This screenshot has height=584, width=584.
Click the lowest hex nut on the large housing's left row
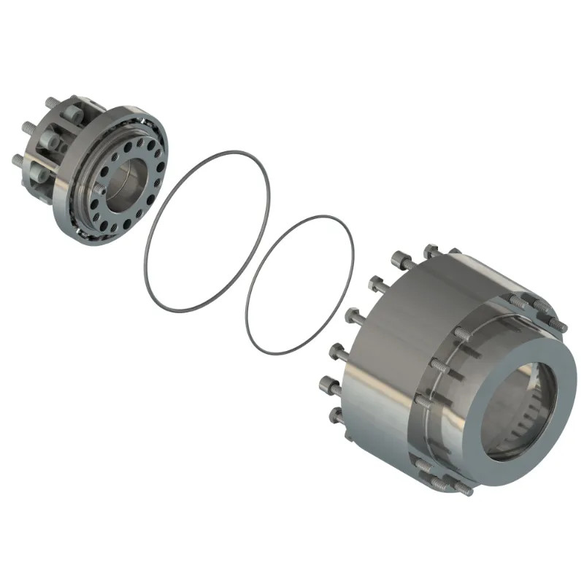tap(337, 416)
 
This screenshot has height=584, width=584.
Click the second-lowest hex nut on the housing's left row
tap(328, 384)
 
